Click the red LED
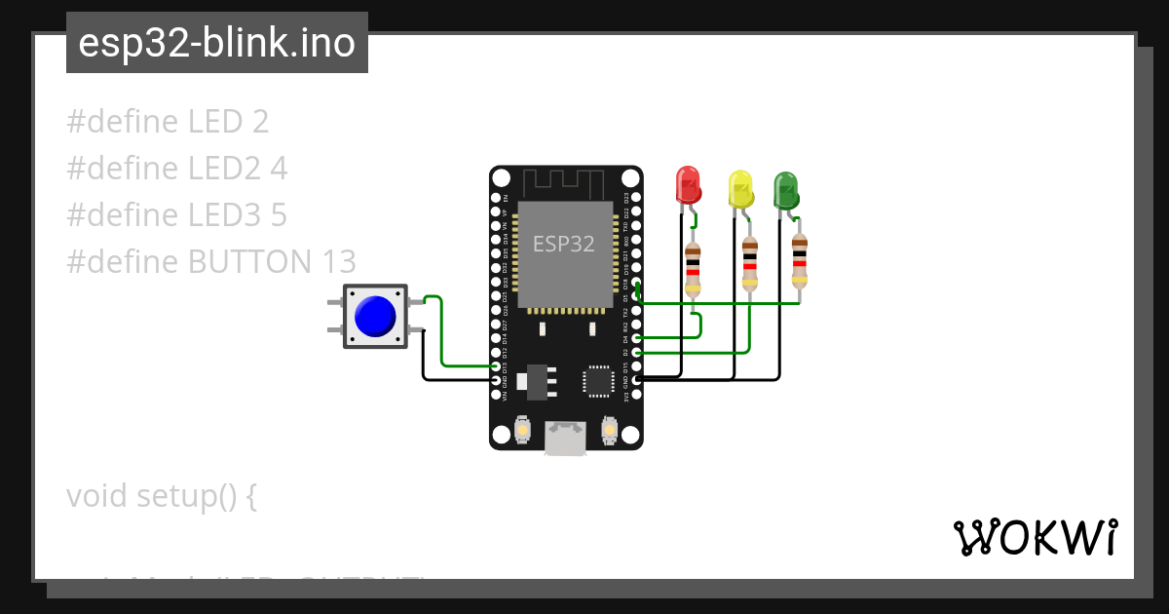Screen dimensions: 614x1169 tap(688, 184)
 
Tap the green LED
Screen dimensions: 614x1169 tap(785, 190)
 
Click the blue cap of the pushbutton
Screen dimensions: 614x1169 tap(375, 317)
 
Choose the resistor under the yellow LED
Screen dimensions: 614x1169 tap(749, 262)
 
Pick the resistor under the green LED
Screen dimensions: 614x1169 tap(800, 259)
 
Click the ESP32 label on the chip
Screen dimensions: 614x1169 tap(563, 244)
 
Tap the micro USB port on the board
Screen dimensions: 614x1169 tap(565, 438)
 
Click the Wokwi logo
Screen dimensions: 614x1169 tap(1035, 537)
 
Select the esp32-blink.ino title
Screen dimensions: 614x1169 tap(216, 43)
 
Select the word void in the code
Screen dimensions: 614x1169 tap(97, 496)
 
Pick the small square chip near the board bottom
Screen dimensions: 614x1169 tap(598, 380)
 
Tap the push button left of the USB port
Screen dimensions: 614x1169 tap(522, 429)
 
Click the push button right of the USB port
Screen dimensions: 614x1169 tap(610, 429)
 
